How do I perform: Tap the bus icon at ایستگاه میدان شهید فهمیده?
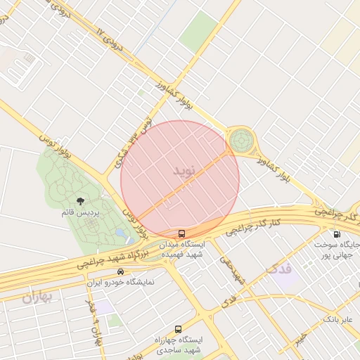tap(182, 233)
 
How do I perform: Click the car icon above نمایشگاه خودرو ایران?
tap(121, 271)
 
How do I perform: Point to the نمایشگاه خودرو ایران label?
tap(120, 282)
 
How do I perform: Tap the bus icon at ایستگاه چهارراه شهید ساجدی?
tap(177, 329)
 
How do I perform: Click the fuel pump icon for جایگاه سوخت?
tap(336, 234)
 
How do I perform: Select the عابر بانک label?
tap(337, 319)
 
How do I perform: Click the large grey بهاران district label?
tap(37, 297)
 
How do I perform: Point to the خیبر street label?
tap(301, 338)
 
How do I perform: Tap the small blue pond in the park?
tap(120, 233)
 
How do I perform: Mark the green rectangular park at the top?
tap(198, 32)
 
